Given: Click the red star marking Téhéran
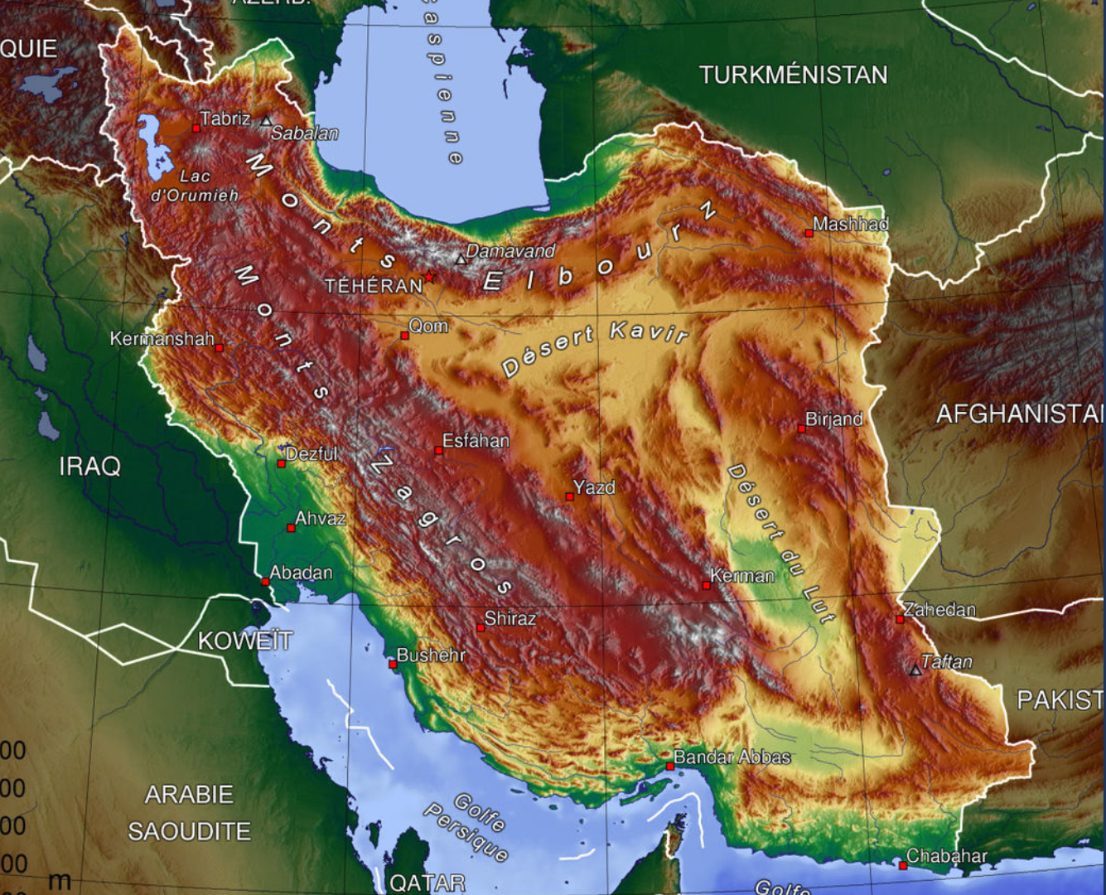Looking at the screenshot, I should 429,277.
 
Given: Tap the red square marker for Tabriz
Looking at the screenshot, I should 196,128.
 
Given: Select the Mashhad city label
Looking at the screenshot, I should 850,224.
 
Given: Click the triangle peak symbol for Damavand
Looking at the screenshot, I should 461,259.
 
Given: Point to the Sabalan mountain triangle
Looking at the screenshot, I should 266,121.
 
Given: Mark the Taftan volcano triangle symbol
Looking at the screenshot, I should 915,670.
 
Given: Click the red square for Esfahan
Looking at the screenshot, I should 438,451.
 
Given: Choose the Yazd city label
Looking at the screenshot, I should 594,487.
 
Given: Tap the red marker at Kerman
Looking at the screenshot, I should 706,585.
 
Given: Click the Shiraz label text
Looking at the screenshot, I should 510,618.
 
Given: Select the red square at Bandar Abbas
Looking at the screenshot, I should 669,767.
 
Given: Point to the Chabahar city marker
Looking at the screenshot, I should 902,865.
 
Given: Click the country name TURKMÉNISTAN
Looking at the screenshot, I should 793,75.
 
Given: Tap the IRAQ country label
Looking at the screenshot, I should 89,467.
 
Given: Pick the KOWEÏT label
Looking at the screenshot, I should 244,641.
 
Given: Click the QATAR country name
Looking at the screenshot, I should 427,883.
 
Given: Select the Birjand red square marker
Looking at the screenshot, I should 801,429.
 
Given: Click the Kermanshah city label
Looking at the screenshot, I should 162,339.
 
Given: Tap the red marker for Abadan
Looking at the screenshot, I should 265,582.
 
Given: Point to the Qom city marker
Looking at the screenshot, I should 404,336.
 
